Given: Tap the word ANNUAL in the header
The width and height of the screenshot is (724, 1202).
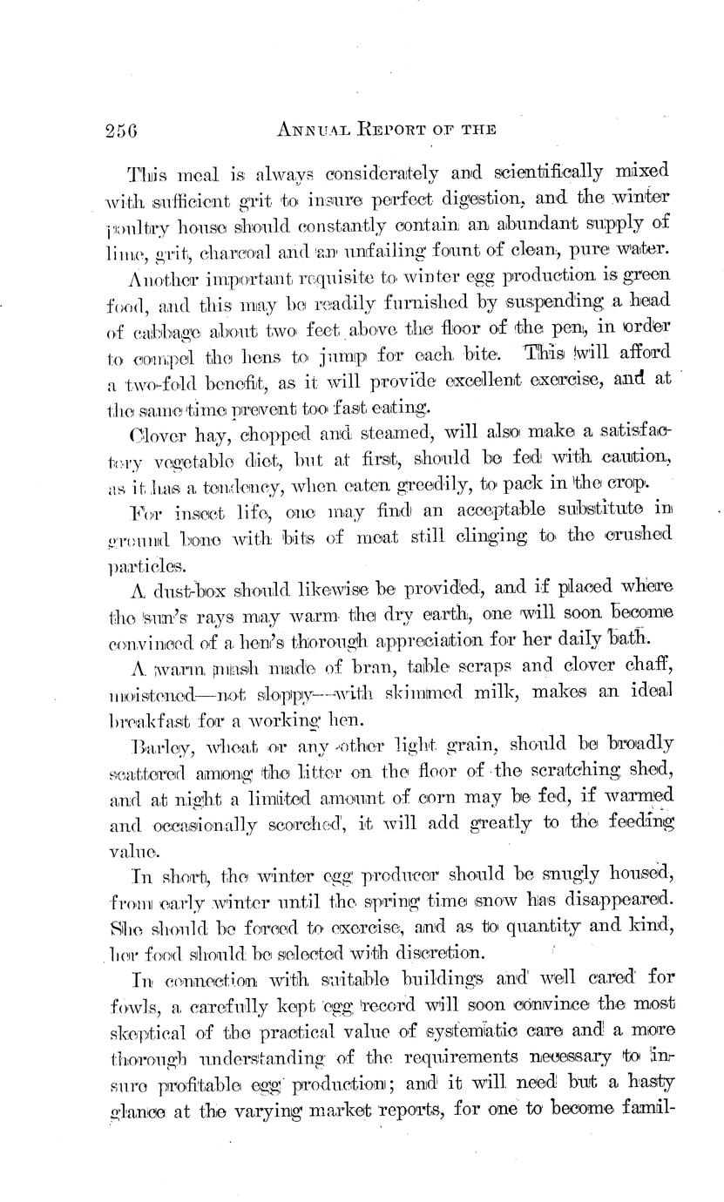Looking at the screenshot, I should pyautogui.click(x=315, y=130).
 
